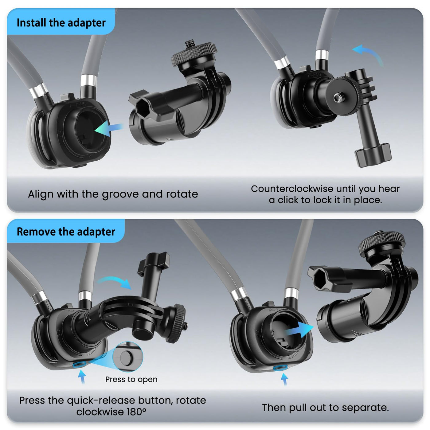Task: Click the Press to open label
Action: pyautogui.click(x=131, y=379)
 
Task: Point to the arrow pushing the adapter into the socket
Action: pyautogui.click(x=108, y=128)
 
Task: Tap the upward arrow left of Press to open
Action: pyautogui.click(x=82, y=377)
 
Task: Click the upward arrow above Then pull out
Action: pyautogui.click(x=284, y=379)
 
